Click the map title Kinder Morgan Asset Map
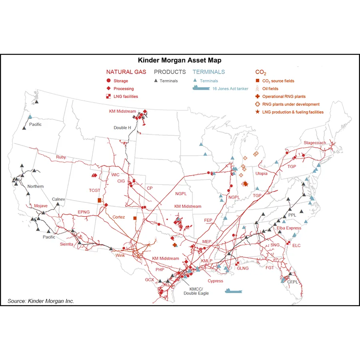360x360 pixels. (180, 61)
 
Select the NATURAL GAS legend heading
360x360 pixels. (125, 72)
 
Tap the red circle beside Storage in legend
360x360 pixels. (108, 81)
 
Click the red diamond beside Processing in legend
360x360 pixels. (108, 89)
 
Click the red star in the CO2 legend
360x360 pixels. (258, 112)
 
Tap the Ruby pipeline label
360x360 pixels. (61, 157)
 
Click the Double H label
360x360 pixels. (122, 128)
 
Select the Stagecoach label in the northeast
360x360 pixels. (314, 143)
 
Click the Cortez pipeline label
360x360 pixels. (119, 217)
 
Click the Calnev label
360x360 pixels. (58, 199)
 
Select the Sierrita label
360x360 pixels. (67, 244)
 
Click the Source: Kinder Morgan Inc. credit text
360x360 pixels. (41, 301)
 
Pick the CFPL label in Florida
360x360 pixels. (293, 282)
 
